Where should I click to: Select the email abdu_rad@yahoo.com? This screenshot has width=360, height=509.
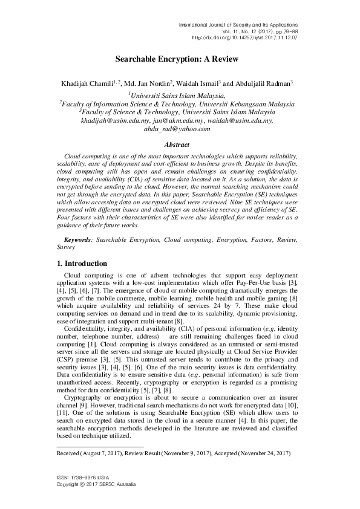pyautogui.click(x=177, y=129)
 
